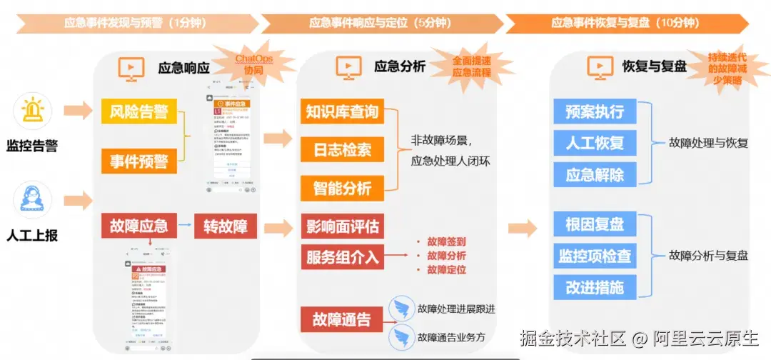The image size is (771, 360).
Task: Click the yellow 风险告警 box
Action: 138,111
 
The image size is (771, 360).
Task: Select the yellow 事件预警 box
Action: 138,161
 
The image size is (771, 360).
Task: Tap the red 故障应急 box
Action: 138,226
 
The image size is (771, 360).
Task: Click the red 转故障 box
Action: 225,226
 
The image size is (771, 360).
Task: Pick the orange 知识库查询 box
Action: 341,111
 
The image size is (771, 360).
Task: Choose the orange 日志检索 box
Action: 341,150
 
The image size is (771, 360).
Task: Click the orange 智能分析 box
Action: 341,189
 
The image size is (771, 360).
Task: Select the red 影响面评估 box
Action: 341,226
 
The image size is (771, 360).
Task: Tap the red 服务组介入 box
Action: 341,256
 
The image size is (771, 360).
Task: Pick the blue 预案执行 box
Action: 595,111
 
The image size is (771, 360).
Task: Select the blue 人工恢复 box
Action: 595,143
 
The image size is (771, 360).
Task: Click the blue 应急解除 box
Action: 595,174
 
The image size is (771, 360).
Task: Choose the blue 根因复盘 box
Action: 595,224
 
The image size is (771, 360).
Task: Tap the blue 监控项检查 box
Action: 595,256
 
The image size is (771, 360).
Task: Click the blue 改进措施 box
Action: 595,287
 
